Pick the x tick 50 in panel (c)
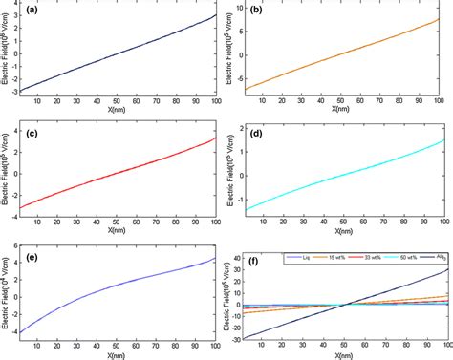116,222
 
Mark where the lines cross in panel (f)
346,305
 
